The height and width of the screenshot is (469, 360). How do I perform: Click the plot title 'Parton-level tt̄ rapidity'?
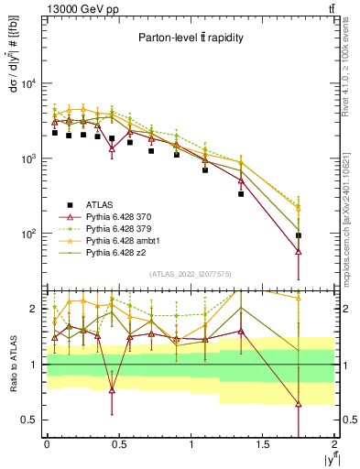191,38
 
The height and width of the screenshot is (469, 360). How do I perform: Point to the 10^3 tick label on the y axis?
28,158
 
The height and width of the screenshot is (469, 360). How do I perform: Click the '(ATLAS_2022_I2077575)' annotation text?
191,273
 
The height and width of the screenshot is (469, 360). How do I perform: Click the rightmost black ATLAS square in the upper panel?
299,235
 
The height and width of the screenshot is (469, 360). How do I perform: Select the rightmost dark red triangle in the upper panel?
299,251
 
